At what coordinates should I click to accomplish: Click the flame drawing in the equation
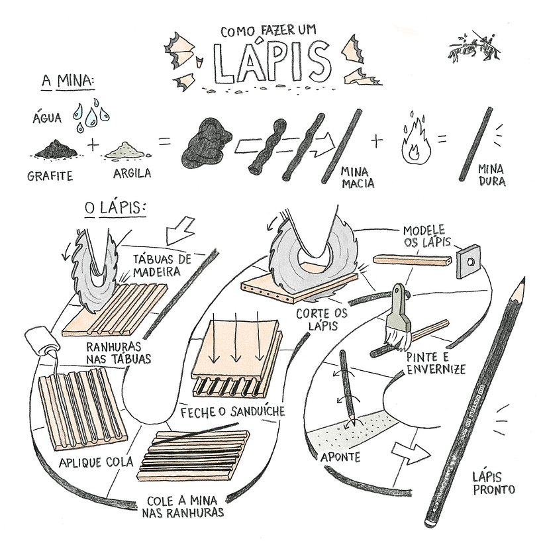tap(415, 142)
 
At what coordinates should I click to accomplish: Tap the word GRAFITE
tap(50, 176)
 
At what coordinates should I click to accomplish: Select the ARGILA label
tap(132, 173)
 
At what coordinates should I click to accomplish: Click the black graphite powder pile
tap(56, 150)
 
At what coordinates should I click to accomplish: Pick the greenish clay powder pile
tap(126, 150)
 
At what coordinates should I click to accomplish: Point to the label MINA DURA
tap(491, 174)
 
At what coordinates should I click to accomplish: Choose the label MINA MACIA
tap(358, 177)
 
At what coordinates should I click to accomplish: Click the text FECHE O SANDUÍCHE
tap(232, 412)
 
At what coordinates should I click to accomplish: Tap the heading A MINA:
tap(68, 82)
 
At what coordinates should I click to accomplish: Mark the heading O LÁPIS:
tap(115, 208)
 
